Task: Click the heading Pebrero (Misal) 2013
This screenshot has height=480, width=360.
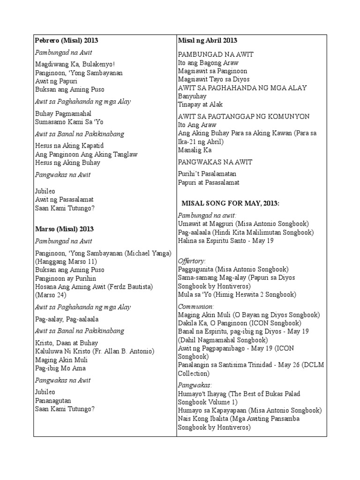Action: coord(66,41)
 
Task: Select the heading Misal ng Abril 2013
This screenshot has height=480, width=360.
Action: coord(208,41)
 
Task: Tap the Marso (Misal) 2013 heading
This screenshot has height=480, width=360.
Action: coord(64,229)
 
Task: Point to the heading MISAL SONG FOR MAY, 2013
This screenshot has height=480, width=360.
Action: coord(230,203)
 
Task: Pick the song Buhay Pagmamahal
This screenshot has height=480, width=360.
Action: coord(63,113)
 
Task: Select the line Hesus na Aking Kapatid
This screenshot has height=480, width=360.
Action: coord(69,146)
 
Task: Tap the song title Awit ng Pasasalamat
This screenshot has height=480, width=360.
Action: coord(64,200)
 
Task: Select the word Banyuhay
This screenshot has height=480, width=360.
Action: coord(192,96)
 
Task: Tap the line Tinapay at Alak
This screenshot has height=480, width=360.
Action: coord(200,105)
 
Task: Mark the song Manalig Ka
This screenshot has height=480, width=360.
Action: coord(195,150)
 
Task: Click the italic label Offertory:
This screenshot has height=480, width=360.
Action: coord(192,261)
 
